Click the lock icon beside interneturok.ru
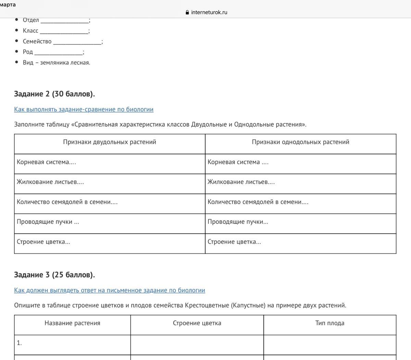click(x=187, y=12)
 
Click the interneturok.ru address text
click(x=209, y=12)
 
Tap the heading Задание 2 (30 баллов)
click(x=54, y=94)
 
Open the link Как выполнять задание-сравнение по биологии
click(x=84, y=110)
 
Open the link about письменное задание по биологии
click(x=110, y=291)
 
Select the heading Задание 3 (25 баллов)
click(x=54, y=275)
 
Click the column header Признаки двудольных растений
click(x=110, y=142)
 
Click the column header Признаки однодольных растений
click(x=300, y=142)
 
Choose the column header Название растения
click(x=72, y=323)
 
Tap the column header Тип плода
click(x=330, y=323)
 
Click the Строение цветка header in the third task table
click(x=197, y=323)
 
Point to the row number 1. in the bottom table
click(x=19, y=343)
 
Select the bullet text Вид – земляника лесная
click(x=57, y=63)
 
